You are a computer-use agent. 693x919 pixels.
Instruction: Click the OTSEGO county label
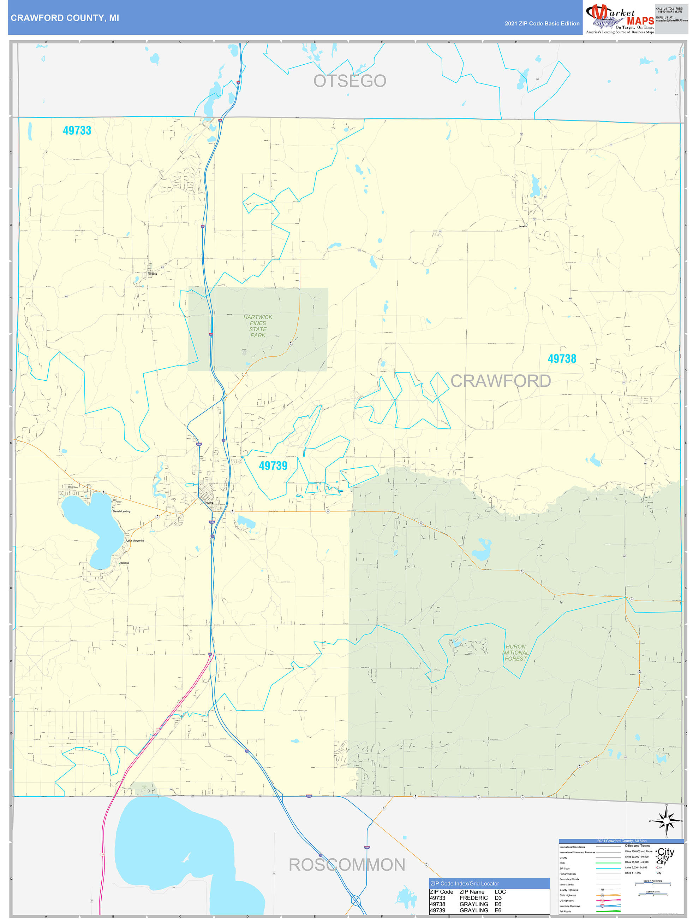coord(350,81)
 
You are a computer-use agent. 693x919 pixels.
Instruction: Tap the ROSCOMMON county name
coord(347,865)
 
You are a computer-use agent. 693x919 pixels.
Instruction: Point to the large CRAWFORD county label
coord(501,381)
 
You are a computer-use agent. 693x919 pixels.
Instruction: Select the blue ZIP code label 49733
coord(77,130)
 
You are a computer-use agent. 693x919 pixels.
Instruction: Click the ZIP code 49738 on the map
coord(562,358)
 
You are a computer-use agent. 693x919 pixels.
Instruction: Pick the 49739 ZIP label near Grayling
coord(273,466)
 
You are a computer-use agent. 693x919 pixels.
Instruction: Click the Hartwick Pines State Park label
coord(258,326)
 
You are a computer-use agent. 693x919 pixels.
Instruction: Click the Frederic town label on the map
coord(152,274)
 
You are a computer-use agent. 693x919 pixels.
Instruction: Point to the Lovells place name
coord(522,227)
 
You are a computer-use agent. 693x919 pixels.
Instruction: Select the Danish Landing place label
coord(121,511)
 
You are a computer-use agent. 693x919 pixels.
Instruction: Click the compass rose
coord(666,821)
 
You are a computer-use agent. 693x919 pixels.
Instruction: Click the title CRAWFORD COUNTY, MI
coord(65,18)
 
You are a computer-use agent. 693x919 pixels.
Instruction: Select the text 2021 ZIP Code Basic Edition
coord(542,24)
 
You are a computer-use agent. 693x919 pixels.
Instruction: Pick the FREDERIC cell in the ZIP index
coord(473,898)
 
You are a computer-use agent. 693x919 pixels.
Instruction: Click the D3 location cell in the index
coord(498,898)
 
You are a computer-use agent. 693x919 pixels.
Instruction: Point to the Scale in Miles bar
coord(653,895)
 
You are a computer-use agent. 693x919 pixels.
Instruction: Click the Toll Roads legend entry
coord(565,912)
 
